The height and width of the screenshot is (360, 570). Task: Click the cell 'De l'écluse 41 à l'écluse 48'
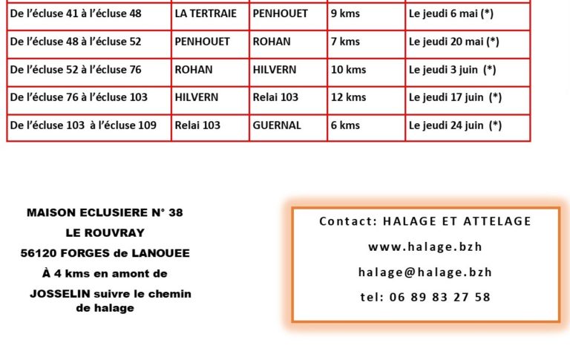76,14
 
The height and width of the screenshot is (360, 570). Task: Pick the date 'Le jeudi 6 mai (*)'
451,14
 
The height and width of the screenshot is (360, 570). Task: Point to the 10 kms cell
348,70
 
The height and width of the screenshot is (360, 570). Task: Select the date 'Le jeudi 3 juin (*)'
452,70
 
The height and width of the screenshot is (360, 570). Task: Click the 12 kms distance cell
348,97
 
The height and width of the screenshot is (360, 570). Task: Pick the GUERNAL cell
277,125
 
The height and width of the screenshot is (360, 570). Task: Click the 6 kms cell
345,125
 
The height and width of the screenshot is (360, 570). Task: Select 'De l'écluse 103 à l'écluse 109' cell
83,125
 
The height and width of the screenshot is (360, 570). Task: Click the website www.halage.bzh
425,247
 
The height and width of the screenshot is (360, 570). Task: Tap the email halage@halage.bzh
425,272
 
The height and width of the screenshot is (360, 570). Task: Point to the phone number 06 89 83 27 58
425,297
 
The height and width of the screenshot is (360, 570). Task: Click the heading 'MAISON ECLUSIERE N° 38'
105,212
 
